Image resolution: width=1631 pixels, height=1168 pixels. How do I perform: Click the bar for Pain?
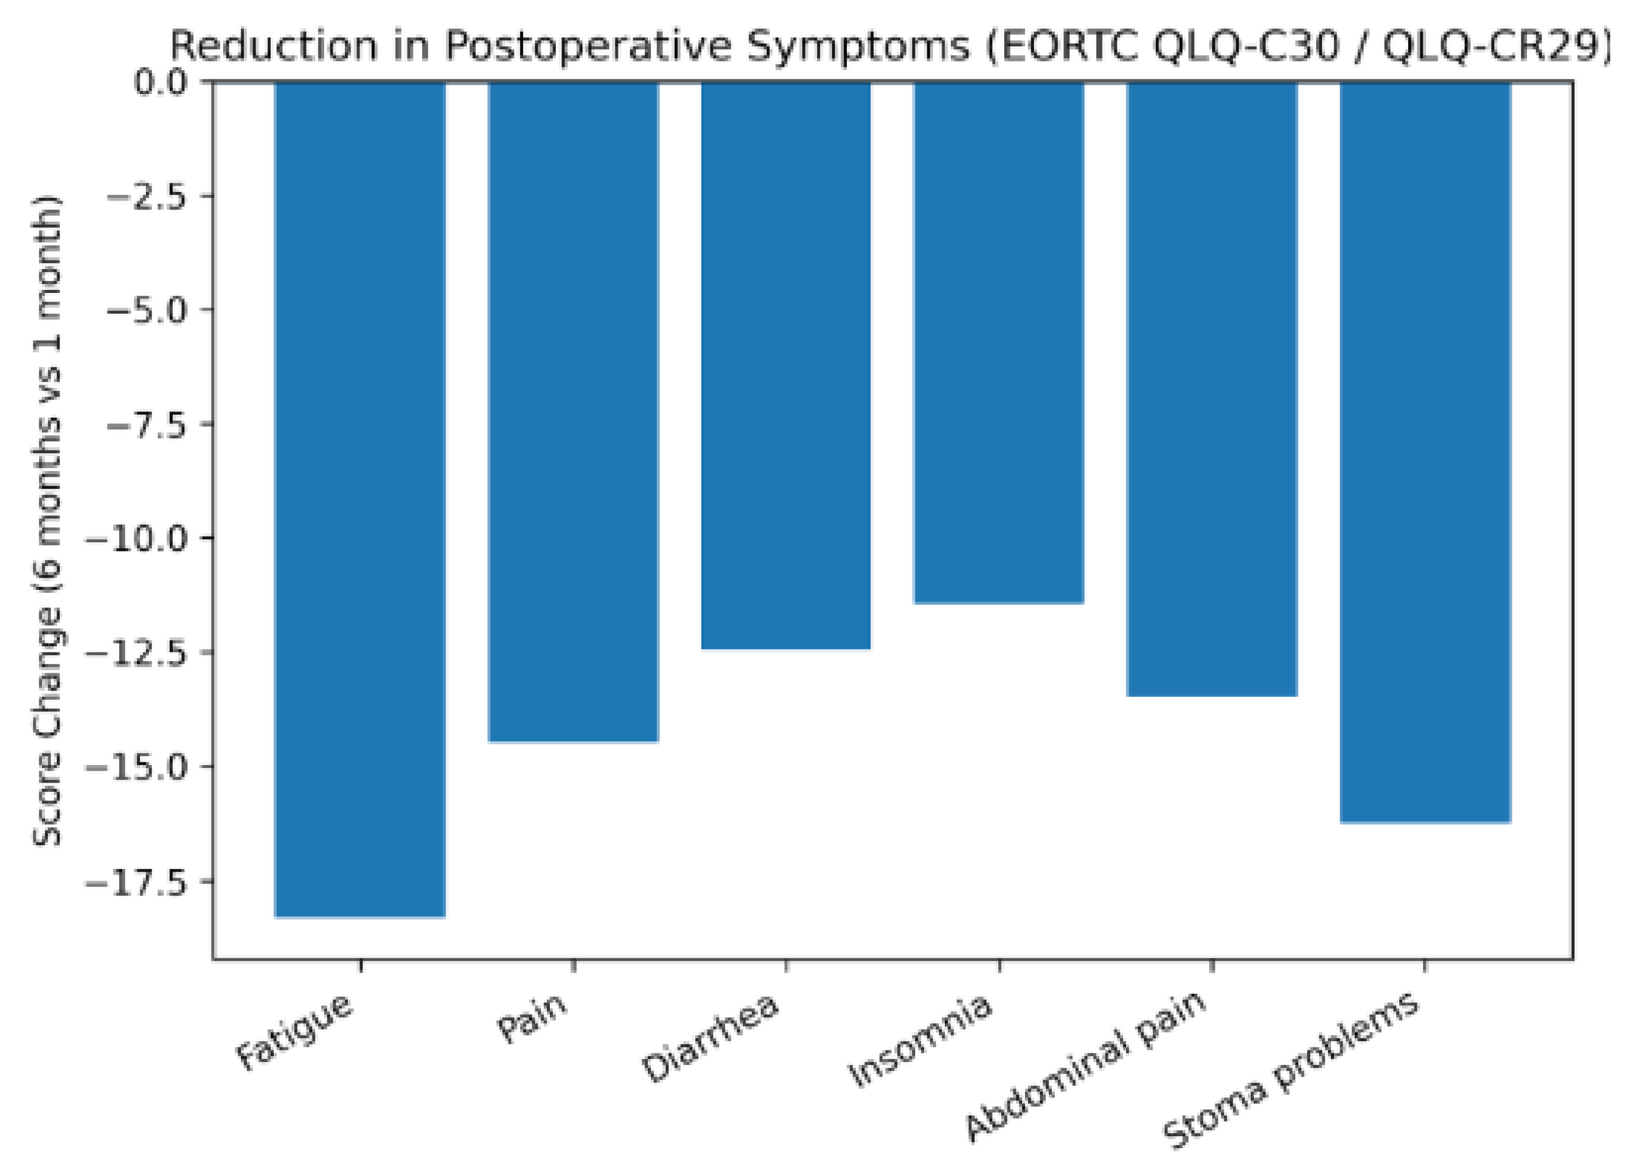click(573, 412)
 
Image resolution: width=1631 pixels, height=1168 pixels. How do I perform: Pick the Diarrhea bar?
click(786, 366)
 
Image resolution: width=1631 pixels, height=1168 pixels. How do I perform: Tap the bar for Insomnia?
click(999, 342)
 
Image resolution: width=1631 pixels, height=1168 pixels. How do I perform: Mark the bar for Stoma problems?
click(1425, 451)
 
